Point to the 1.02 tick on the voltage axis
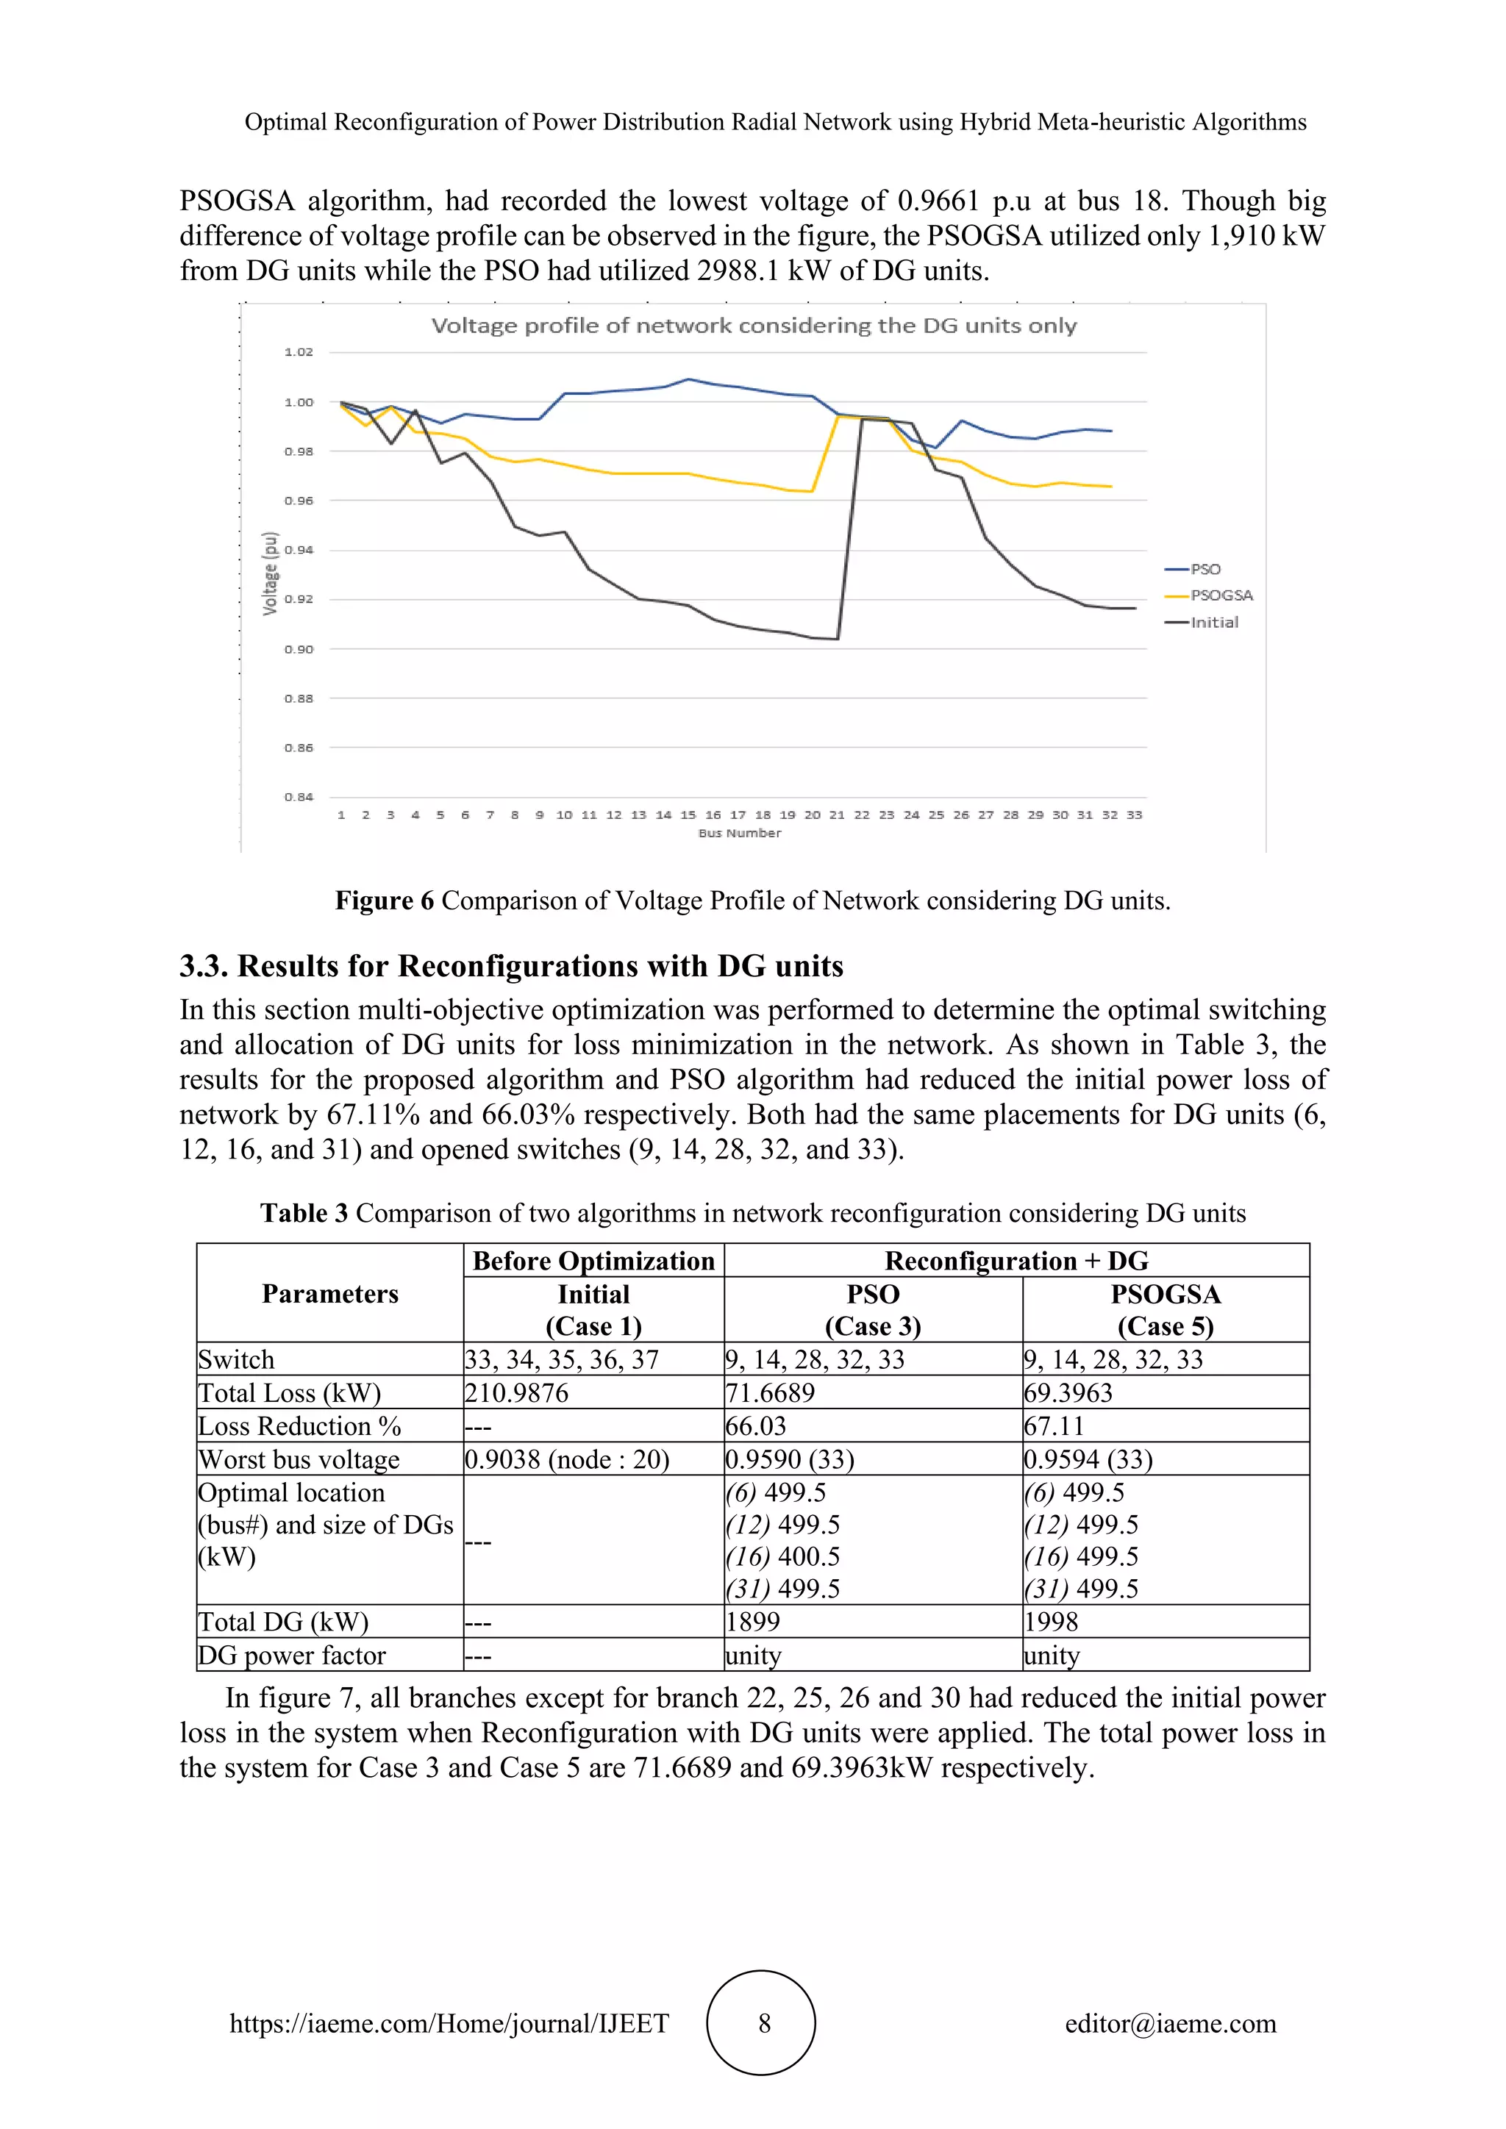coord(299,352)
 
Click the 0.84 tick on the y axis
coord(299,796)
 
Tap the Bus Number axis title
coord(739,833)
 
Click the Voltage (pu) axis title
coord(270,573)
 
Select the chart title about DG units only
coord(753,326)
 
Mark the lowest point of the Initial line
coord(838,639)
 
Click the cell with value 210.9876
coord(516,1393)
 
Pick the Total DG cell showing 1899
coord(753,1622)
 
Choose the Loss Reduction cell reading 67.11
coord(1054,1426)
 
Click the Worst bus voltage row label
coord(299,1459)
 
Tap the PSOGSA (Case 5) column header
coord(1166,1309)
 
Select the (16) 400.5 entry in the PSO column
coord(782,1557)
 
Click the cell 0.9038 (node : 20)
coord(567,1459)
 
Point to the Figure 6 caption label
coord(384,901)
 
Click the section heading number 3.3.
coord(203,966)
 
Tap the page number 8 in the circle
coord(764,2023)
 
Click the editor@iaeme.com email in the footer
coord(1170,2023)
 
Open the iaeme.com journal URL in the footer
coord(449,2023)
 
